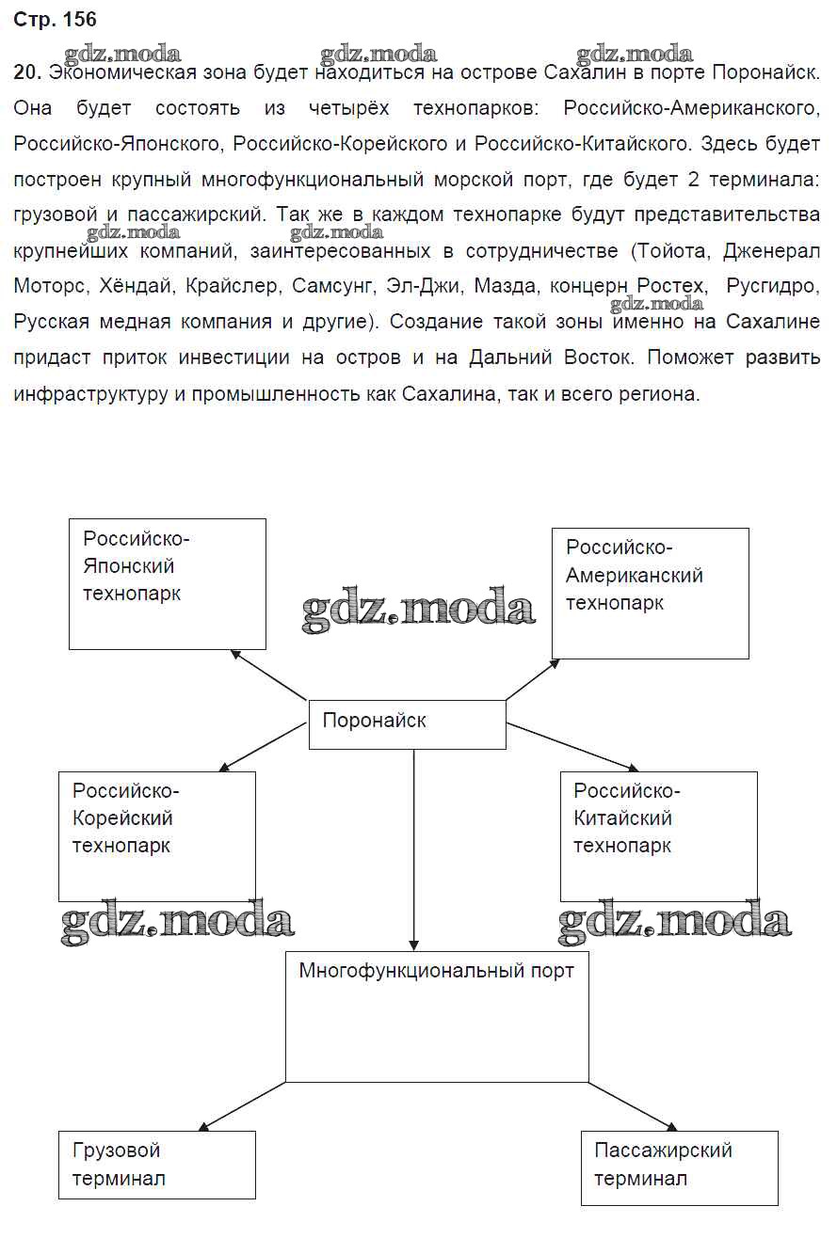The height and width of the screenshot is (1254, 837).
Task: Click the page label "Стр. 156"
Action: coord(56,20)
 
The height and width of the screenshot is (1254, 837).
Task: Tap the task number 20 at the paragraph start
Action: coord(26,73)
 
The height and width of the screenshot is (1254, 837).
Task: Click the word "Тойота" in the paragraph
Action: coord(671,252)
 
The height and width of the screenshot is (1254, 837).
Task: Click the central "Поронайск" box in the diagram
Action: coord(407,723)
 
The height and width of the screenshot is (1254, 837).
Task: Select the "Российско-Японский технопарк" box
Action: coord(167,583)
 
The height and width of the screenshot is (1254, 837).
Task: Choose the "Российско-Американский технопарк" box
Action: coord(650,593)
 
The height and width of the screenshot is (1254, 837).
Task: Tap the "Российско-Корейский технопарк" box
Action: coord(156,836)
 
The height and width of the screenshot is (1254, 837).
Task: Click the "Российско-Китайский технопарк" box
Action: coord(658,836)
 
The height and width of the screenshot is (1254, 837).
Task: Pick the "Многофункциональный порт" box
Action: coord(436,1015)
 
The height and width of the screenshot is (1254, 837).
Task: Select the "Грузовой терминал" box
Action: coord(156,1165)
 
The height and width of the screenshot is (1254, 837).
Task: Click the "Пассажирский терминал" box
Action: coord(679,1167)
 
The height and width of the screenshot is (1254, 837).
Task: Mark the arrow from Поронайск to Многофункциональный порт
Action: coord(413,847)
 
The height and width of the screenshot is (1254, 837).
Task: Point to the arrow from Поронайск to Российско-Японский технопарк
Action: coord(270,675)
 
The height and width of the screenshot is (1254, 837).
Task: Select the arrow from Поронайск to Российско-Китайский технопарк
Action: coord(571,747)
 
